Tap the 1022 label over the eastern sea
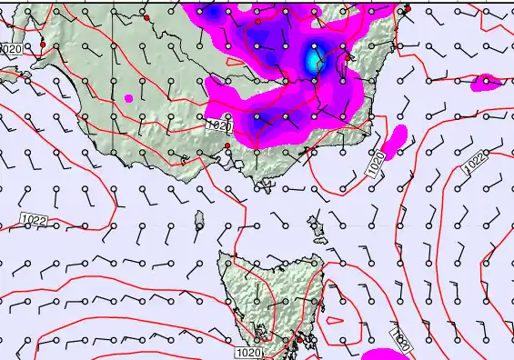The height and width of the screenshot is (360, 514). coord(474,162)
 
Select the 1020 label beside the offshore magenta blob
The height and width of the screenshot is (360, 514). coord(377,165)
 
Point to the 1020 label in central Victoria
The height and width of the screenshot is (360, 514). coord(218,125)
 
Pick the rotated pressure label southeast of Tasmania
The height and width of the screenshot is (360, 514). coord(398,339)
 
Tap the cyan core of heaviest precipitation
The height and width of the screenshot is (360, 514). coord(315,61)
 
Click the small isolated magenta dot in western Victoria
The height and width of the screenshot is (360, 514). coord(129,97)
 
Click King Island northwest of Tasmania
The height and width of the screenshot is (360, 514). coord(200,220)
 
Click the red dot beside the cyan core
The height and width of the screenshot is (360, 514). coord(348,56)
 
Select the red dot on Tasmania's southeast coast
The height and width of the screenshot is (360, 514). coord(299,339)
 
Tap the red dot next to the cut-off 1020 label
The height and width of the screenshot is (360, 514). coord(43,44)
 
